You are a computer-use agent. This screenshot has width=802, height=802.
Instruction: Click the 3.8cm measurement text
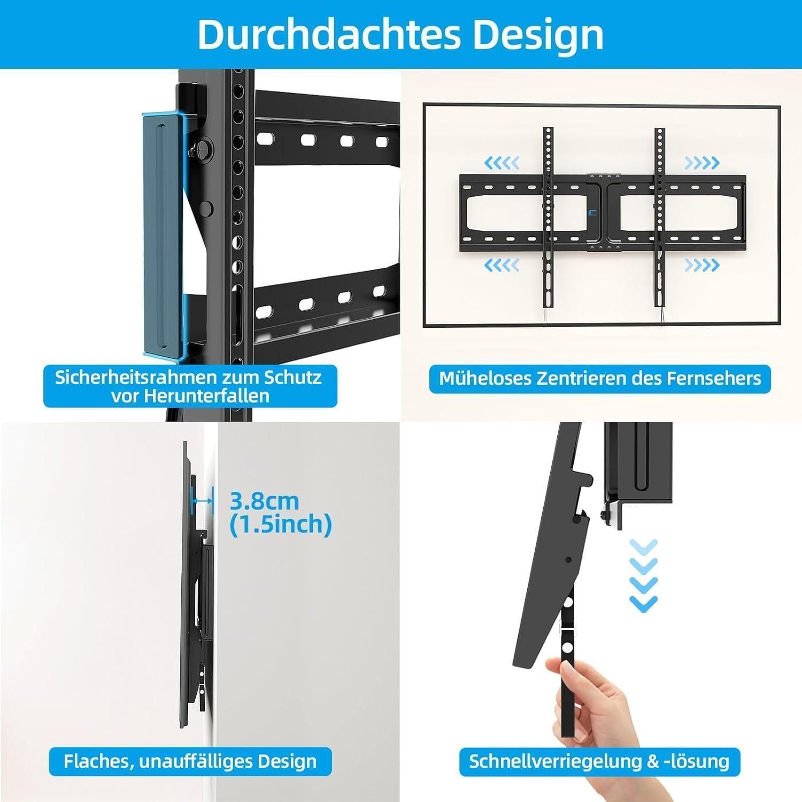264,502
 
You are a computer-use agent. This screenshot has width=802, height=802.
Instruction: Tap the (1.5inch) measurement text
281,524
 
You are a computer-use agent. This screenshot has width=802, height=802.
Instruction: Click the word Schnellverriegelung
557,761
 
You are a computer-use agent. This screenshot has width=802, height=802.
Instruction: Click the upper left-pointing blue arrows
502,162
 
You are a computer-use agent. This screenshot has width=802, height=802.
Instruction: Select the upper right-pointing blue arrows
702,162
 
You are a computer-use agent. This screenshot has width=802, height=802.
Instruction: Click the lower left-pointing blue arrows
502,264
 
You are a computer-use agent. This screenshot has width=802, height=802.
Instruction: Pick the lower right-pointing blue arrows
702,264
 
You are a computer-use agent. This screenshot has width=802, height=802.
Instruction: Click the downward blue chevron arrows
643,575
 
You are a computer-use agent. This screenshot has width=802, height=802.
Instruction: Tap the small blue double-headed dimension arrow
203,501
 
